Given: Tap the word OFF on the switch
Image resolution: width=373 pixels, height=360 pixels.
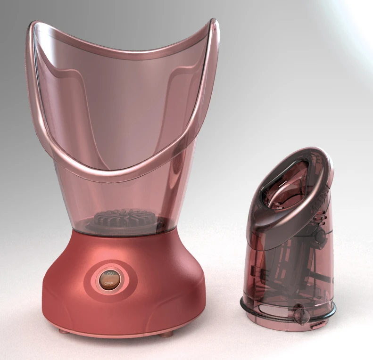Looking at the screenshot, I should coord(109,283).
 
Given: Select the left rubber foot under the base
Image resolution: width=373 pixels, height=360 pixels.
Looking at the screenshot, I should coord(63,331).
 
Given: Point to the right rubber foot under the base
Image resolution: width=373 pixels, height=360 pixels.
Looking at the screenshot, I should coord(166,335).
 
